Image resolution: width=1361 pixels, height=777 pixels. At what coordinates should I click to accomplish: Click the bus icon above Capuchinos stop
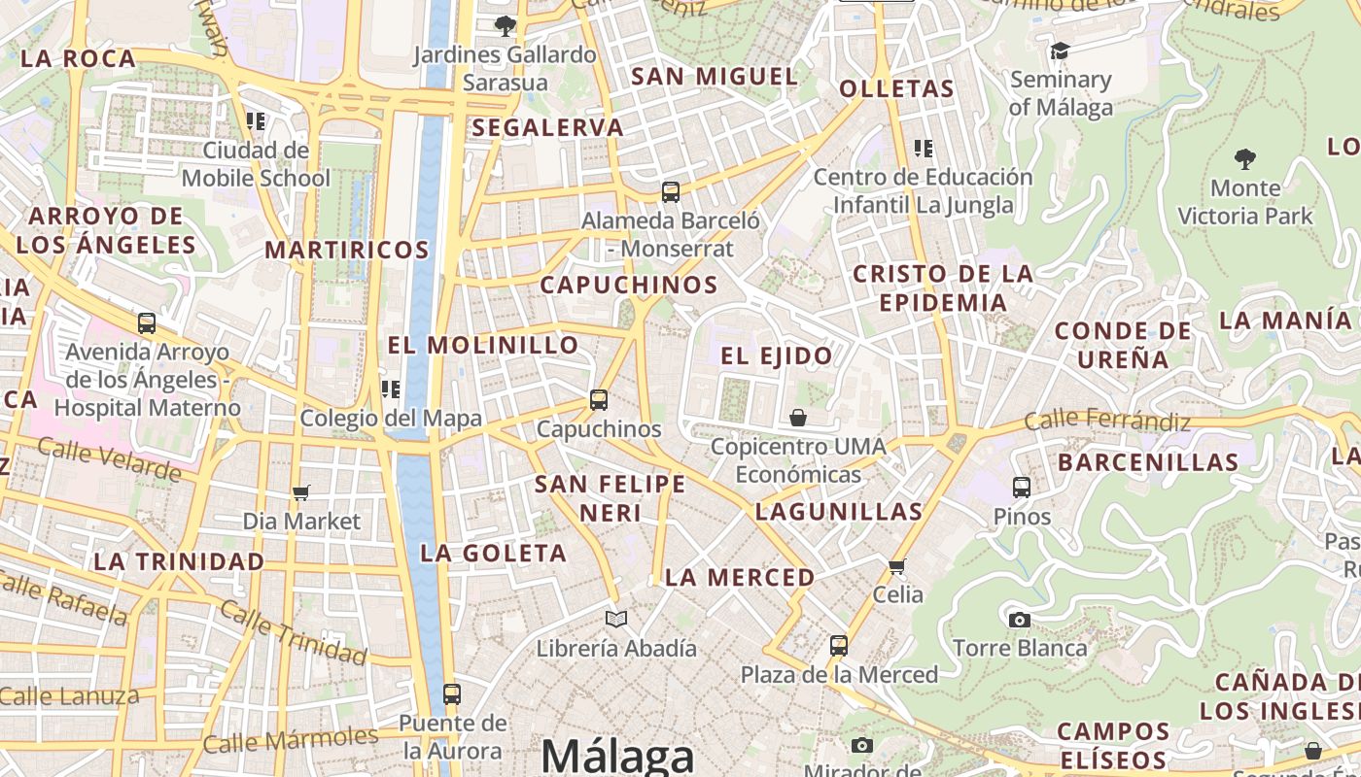point(599,399)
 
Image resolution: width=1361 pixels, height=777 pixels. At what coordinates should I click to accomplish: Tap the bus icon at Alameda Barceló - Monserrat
point(670,191)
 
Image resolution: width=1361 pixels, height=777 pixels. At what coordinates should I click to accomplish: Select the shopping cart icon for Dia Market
point(301,493)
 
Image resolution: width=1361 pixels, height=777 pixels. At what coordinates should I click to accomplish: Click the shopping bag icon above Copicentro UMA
point(798,418)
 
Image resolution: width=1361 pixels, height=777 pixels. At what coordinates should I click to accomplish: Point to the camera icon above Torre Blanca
point(1019,620)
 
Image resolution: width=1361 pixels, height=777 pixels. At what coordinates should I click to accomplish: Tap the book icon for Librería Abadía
point(616,619)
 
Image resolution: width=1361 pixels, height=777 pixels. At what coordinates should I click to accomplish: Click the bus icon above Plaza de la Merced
point(838,645)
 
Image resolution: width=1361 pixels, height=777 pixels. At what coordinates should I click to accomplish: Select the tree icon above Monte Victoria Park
point(1244,158)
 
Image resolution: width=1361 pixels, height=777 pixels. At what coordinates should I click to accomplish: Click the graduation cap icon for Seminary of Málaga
point(1060,51)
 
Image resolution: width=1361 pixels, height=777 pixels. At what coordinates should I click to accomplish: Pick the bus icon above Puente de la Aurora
point(451,694)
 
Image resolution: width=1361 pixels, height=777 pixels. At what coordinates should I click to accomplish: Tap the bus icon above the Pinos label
point(1022,488)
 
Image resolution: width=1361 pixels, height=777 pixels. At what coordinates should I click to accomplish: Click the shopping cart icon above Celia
point(896,565)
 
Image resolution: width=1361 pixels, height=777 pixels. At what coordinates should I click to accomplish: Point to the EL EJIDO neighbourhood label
point(777,355)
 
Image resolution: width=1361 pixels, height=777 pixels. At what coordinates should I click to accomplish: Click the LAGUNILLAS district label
point(839,512)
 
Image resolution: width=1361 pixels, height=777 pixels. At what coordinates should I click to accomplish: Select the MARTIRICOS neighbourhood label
point(347,250)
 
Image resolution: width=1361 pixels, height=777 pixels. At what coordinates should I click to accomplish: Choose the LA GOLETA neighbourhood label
point(493,554)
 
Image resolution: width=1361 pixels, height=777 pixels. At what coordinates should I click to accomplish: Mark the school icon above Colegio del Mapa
point(391,389)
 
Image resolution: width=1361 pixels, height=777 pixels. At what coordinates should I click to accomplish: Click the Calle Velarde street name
point(110,458)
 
